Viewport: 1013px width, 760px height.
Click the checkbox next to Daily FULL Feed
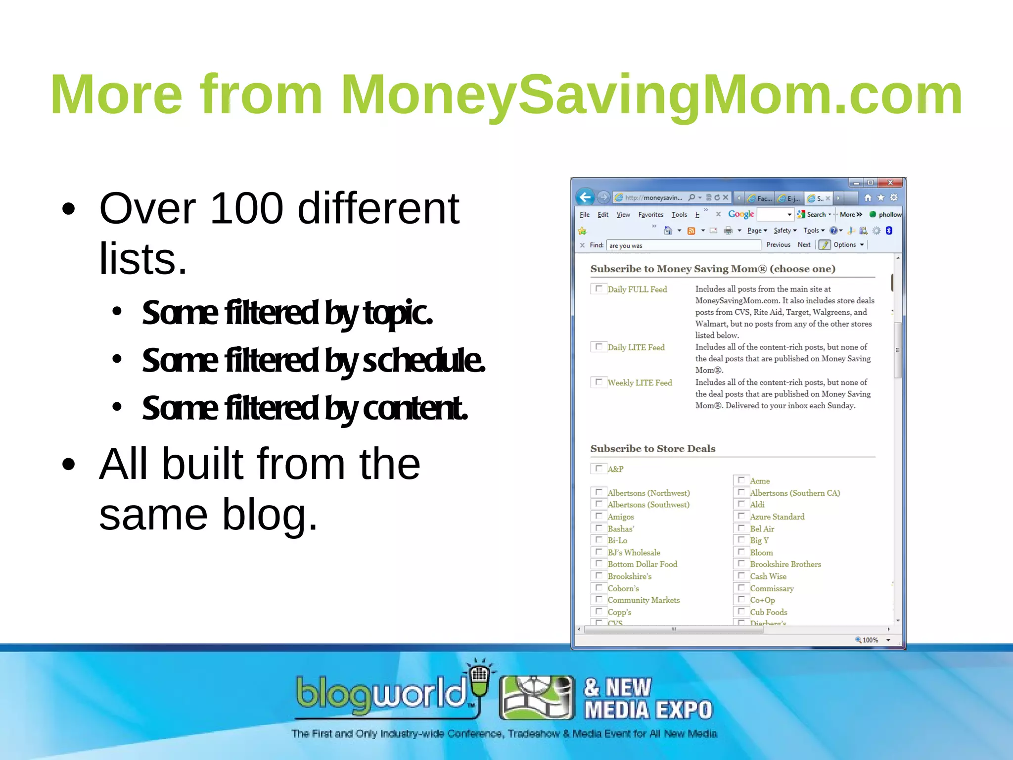pos(599,288)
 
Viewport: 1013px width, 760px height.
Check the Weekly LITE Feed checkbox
pos(599,382)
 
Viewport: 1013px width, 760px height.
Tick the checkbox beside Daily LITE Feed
pos(599,347)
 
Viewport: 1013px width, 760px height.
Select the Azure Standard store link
pos(777,517)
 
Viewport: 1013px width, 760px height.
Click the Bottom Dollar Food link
pos(642,564)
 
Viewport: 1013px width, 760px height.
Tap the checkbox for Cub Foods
pos(741,612)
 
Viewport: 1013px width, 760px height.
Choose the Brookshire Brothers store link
pos(785,564)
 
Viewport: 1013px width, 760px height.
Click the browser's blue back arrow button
pos(585,197)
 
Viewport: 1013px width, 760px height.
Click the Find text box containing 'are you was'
pos(683,245)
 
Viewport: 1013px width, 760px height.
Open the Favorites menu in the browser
pos(650,215)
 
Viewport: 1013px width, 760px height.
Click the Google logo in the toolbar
pos(741,214)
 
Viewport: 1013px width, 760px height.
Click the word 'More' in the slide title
pos(116,95)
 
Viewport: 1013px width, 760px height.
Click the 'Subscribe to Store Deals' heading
pos(652,449)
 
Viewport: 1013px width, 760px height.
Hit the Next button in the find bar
pos(804,245)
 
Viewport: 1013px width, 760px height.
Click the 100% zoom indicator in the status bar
pos(870,640)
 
